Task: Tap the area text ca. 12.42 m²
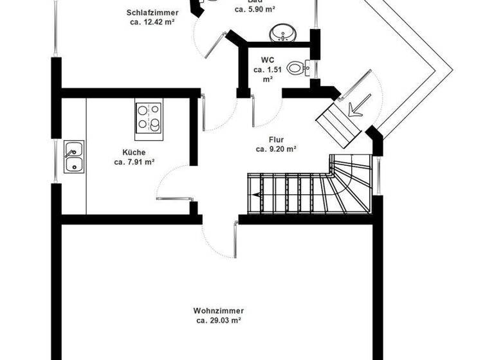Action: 152,21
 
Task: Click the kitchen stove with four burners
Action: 149,118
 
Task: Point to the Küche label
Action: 134,152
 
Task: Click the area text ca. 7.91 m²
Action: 134,162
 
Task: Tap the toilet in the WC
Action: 297,67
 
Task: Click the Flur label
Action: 277,139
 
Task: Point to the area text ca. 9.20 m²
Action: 276,148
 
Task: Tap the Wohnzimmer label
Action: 219,310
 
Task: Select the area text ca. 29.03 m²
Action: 219,319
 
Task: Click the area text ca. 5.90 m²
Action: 255,10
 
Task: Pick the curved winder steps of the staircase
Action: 351,183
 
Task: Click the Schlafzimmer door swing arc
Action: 209,45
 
